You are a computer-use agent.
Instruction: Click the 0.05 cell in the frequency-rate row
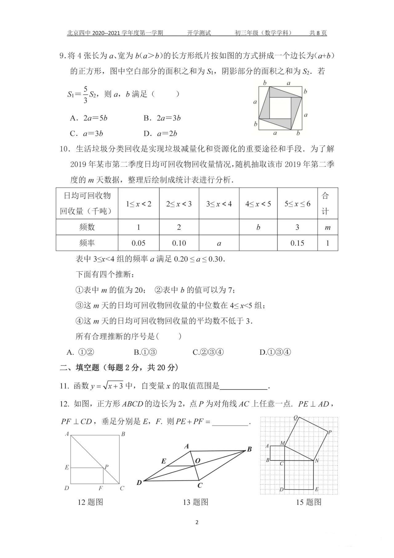[x=139, y=243]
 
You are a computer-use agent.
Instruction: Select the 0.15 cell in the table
[x=297, y=243]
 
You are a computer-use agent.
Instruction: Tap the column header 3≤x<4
[x=219, y=204]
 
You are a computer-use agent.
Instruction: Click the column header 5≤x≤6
[x=297, y=204]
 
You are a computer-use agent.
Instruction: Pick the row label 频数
[x=87, y=227]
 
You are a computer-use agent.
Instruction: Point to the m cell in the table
[x=328, y=228]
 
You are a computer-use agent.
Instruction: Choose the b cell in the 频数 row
[x=258, y=227]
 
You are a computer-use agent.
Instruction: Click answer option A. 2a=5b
[x=89, y=118]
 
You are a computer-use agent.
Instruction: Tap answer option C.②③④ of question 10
[x=208, y=352]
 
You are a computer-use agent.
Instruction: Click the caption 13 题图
[x=195, y=502]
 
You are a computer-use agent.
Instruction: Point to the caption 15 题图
[x=309, y=502]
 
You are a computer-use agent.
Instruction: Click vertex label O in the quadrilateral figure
[x=198, y=461]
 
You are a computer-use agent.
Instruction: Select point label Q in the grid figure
[x=295, y=418]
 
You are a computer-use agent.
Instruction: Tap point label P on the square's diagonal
[x=107, y=467]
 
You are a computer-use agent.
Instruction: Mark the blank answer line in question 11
[x=244, y=386]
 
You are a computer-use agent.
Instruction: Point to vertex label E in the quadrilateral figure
[x=164, y=461]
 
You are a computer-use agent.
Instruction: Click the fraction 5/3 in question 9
[x=85, y=94]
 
